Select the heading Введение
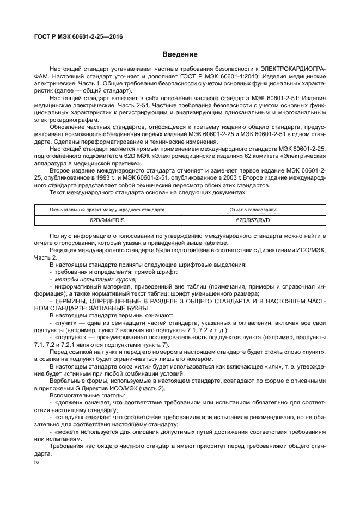pyautogui.click(x=180, y=54)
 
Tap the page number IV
pyautogui.click(x=38, y=462)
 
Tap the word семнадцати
pyautogui.click(x=126, y=323)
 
